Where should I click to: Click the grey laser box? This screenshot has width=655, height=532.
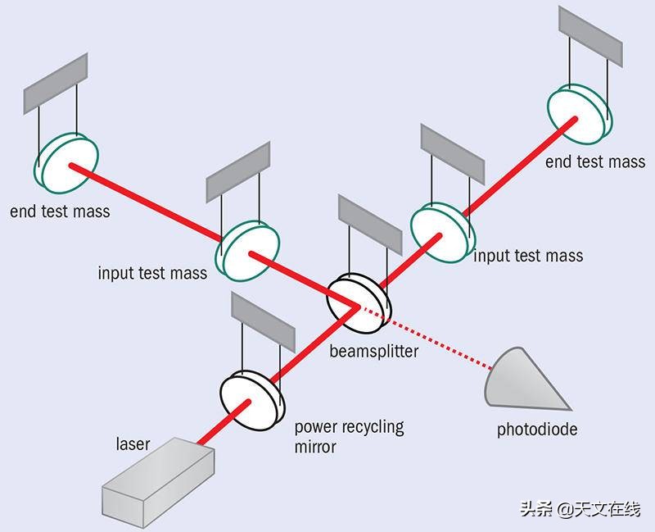(158, 484)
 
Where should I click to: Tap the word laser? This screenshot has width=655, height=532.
(132, 444)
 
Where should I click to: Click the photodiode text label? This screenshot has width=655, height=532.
(536, 429)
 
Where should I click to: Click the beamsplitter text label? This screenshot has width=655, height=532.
(373, 352)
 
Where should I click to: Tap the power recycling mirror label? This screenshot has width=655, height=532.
(349, 437)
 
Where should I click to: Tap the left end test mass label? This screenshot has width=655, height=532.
(60, 211)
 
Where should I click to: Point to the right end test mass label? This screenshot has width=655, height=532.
(595, 161)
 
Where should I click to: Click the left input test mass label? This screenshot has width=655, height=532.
(152, 273)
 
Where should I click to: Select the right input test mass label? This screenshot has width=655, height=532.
(528, 256)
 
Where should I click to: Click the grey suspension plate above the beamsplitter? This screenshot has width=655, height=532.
(369, 226)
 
